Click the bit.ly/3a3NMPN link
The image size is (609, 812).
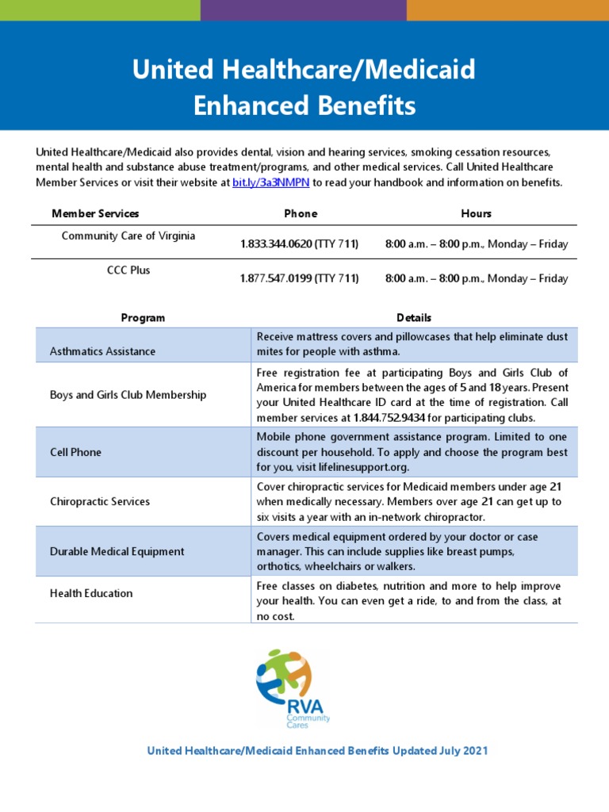pos(271,183)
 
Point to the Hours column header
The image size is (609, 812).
pos(476,213)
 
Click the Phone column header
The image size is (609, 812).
pos(301,213)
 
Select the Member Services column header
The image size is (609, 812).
pos(95,213)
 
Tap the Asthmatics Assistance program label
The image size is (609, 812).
pos(102,350)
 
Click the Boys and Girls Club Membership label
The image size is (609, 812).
pos(128,395)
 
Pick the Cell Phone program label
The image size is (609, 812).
pos(75,452)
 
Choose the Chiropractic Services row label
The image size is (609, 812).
pos(99,502)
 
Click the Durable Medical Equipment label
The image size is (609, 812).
pos(117,551)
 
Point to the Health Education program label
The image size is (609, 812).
pos(91,593)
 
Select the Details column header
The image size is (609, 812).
pos(414,318)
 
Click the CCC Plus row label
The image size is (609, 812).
pos(128,270)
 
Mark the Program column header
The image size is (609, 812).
pos(143,318)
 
